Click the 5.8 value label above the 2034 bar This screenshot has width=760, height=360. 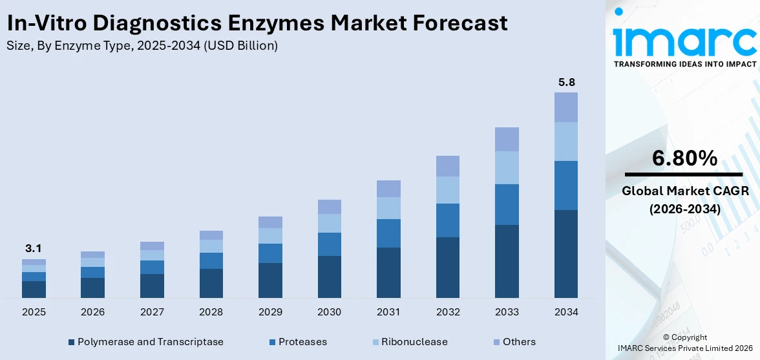[566, 82]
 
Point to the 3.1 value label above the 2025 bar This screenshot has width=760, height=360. [34, 248]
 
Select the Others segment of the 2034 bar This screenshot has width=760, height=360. [566, 107]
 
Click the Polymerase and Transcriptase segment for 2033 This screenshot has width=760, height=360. [507, 261]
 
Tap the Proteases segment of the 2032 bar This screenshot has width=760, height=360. [447, 220]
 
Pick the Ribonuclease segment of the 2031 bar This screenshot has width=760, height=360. [388, 208]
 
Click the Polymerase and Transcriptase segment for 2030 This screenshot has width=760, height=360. [329, 277]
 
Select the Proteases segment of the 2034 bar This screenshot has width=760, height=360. [566, 185]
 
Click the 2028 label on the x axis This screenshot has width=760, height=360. [211, 312]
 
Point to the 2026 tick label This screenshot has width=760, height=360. [93, 312]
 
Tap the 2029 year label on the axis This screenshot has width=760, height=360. [270, 312]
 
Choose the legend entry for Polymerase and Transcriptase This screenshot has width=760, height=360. [145, 342]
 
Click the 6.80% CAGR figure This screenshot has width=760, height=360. [684, 158]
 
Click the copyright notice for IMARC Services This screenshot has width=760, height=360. [684, 343]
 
